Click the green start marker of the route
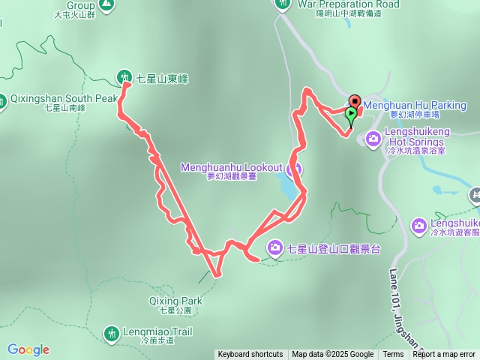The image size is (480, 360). click(351, 115)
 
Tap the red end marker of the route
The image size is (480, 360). click(354, 101)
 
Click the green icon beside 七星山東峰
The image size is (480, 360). click(124, 76)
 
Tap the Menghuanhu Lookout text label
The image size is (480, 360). click(231, 167)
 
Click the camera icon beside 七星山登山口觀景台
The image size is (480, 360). click(275, 247)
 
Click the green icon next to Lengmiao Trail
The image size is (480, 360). click(111, 332)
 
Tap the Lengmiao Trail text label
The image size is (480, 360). click(155, 331)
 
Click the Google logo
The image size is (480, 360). click(28, 349)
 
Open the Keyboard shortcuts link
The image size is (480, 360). click(250, 355)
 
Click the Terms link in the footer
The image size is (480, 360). click(393, 355)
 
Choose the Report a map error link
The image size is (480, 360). click(443, 355)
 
